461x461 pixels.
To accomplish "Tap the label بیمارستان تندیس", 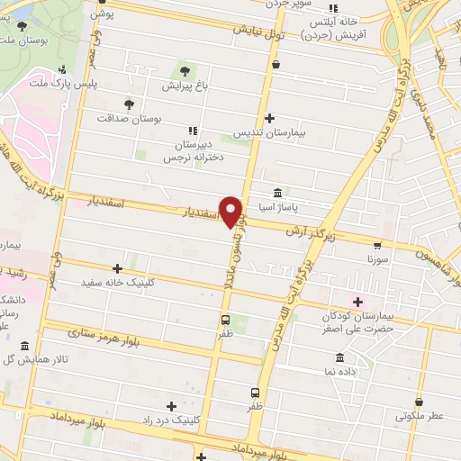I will tap(270, 132).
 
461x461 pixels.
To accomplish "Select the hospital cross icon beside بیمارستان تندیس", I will tap(270, 118).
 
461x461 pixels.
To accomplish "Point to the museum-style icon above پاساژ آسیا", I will tap(276, 193).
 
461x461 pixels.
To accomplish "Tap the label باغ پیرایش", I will tap(185, 86).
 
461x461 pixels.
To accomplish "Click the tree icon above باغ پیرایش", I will tap(185, 70).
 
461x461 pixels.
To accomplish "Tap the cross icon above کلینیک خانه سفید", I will tap(118, 268).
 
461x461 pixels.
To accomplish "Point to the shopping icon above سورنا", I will tap(376, 243).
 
